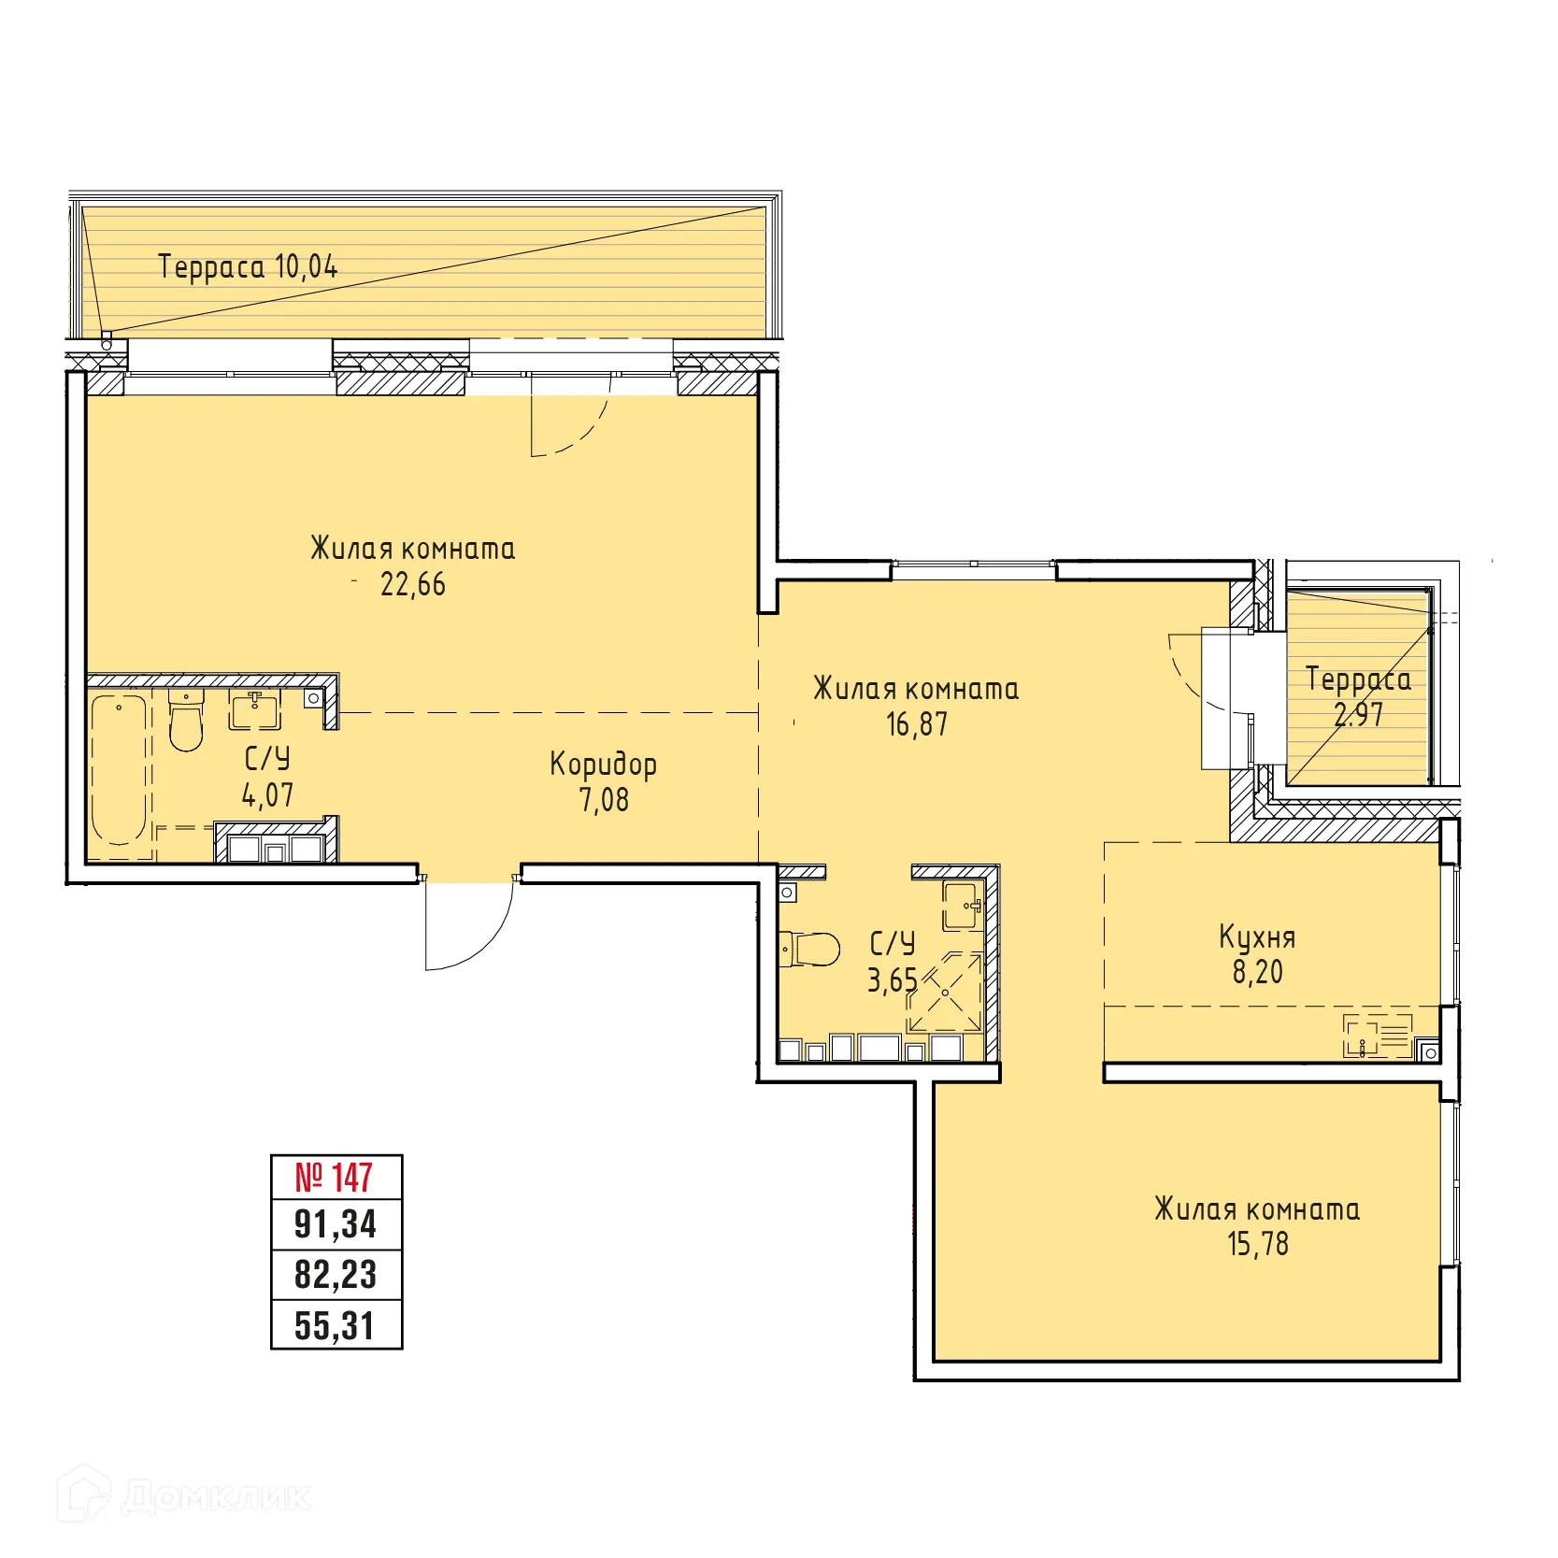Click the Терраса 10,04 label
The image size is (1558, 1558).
pos(248,266)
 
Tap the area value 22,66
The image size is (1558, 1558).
pos(412,585)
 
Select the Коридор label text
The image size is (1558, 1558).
pos(603,764)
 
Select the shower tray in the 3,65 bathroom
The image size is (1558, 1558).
pos(945,993)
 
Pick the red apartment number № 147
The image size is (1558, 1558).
pos(335,1177)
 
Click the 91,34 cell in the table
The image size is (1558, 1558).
pos(335,1224)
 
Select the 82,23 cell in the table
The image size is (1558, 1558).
pos(335,1275)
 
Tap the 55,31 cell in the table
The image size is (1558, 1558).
pos(335,1325)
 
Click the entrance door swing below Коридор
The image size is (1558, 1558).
pos(467,925)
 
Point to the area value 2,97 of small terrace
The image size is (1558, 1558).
pos(1357,715)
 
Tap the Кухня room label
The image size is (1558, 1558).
pos(1257,936)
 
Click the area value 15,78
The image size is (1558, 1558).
pos(1257,1244)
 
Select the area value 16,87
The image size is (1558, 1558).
pos(916,724)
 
